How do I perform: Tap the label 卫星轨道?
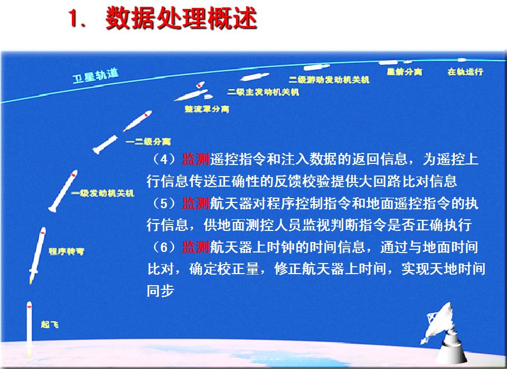(x=96, y=76)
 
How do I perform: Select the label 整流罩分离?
(x=207, y=109)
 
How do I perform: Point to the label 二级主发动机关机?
(x=263, y=92)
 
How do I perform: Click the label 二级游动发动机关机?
(x=329, y=80)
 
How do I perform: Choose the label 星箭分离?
(x=405, y=72)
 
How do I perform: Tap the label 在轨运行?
(x=465, y=72)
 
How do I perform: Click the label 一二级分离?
(x=148, y=141)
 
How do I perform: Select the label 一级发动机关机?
(x=102, y=193)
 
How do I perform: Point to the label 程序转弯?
(x=67, y=251)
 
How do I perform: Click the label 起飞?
(x=50, y=324)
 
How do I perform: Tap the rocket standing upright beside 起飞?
(x=29, y=329)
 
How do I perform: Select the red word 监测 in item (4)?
(x=196, y=159)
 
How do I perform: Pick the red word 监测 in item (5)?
(x=196, y=203)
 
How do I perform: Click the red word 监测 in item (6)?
(x=196, y=247)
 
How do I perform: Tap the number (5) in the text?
(x=164, y=203)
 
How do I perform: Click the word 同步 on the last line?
(x=161, y=290)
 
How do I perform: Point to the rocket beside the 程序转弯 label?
(x=37, y=255)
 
